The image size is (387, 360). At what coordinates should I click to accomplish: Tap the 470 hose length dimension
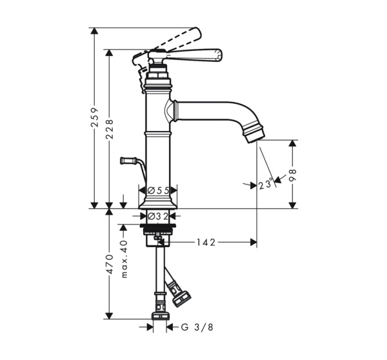(x=110, y=265)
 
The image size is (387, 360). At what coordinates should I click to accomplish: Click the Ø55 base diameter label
(x=157, y=191)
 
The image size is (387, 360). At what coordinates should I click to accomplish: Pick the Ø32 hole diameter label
(x=157, y=217)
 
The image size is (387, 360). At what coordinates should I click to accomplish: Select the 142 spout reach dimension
(x=206, y=243)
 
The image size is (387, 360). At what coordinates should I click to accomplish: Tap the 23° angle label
(x=266, y=185)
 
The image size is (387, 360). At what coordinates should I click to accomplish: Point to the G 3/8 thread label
(x=196, y=328)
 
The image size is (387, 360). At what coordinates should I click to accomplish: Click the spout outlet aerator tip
(x=256, y=130)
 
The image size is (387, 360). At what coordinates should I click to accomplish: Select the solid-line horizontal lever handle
(x=193, y=54)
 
